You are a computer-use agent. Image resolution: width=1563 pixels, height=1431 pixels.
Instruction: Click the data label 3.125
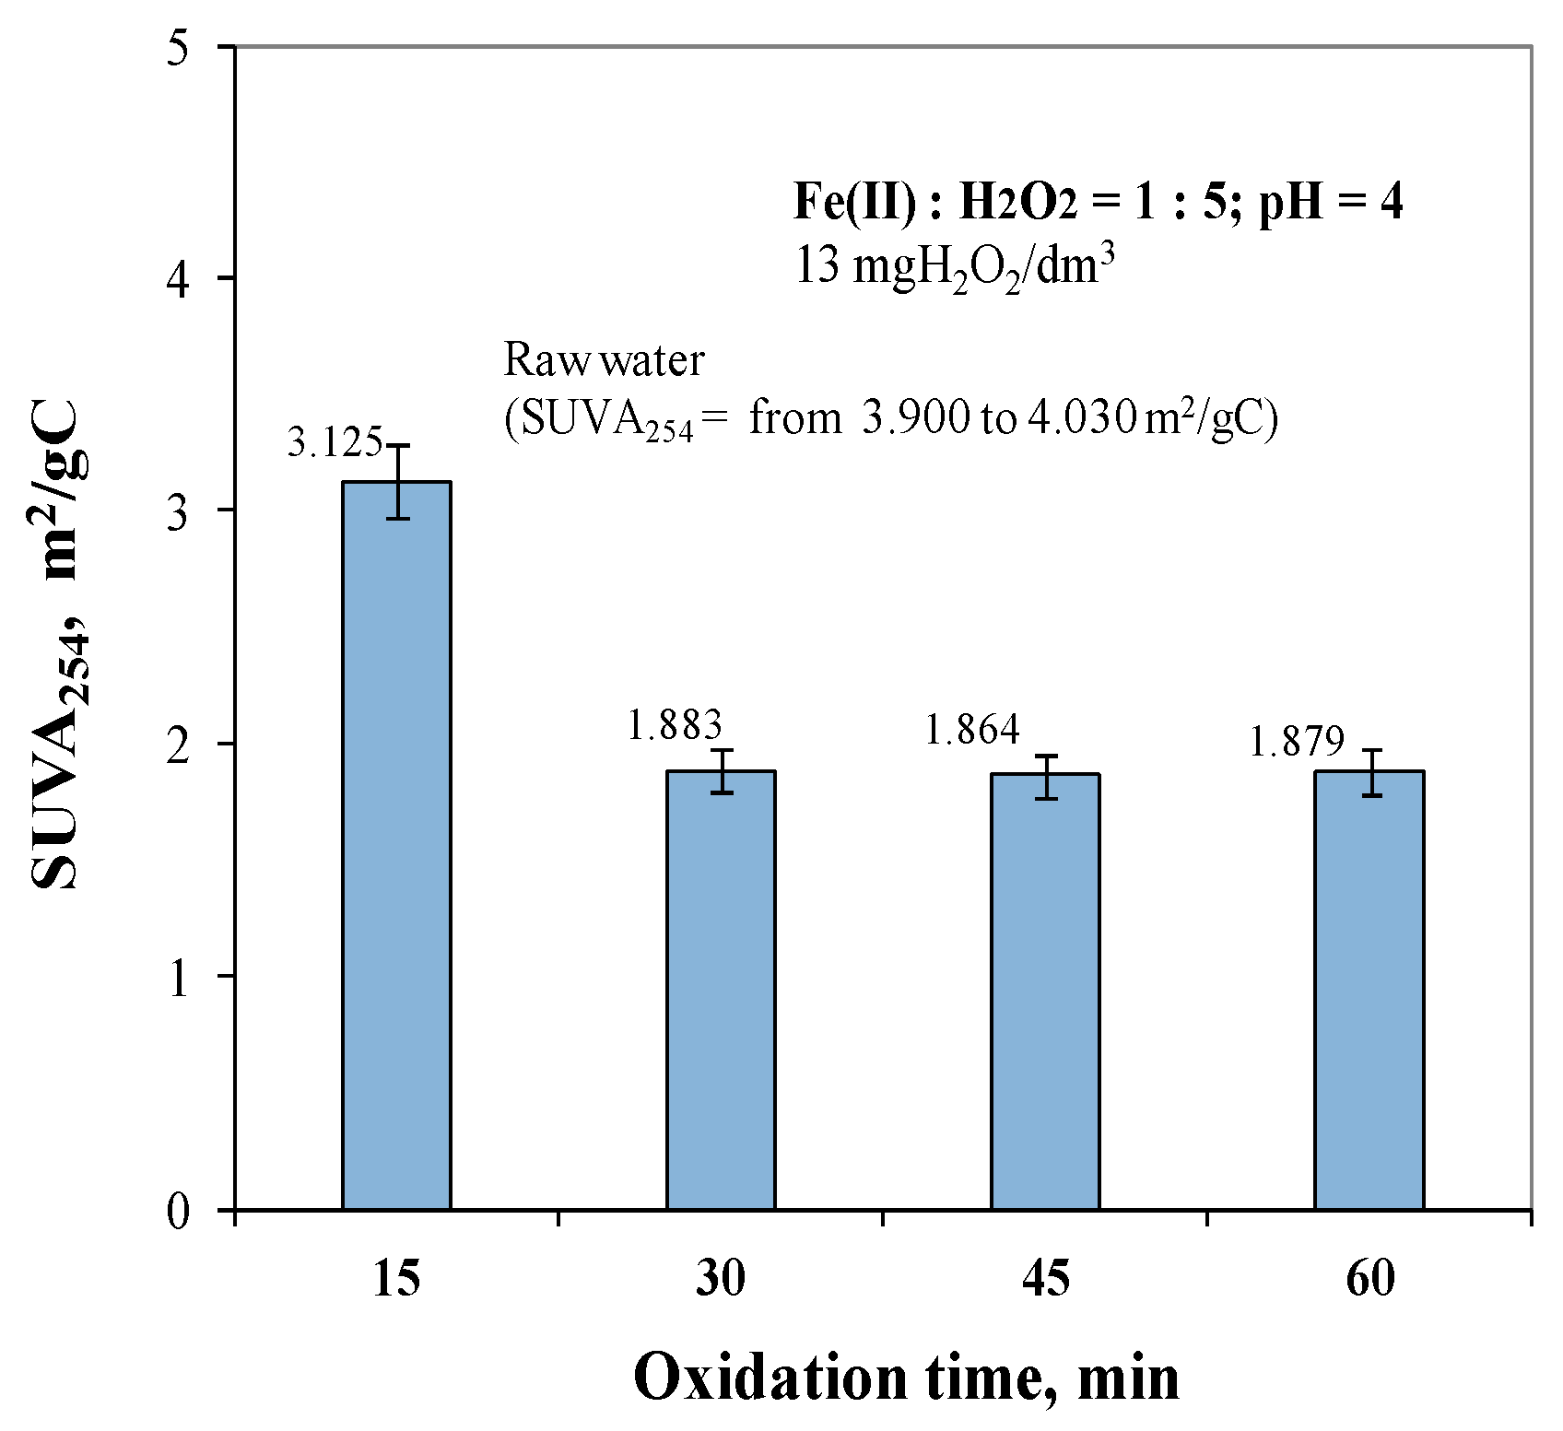click(x=335, y=443)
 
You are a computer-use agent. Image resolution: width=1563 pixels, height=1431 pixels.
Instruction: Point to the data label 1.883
click(x=675, y=725)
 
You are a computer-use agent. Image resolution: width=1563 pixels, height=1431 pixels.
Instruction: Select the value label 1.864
click(x=972, y=731)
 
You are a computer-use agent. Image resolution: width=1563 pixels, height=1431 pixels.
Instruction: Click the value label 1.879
click(x=1297, y=742)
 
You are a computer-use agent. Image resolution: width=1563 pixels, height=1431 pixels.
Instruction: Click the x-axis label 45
click(x=1045, y=1280)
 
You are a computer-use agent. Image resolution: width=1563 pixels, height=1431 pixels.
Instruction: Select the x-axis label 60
click(x=1369, y=1280)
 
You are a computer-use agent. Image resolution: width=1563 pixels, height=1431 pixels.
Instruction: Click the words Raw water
click(x=604, y=360)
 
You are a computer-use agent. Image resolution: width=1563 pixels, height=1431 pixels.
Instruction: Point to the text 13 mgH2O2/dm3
click(x=954, y=268)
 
